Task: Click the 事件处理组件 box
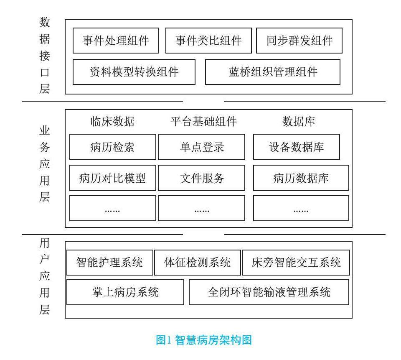click(116, 41)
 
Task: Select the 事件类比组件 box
click(208, 41)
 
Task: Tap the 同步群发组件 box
click(299, 41)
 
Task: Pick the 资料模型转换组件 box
click(134, 72)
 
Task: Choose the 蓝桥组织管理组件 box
click(273, 72)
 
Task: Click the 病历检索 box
click(112, 147)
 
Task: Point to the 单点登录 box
click(202, 147)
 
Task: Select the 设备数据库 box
click(296, 147)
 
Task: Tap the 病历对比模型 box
click(112, 178)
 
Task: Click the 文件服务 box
click(202, 178)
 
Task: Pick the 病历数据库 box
click(301, 178)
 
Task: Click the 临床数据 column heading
click(112, 122)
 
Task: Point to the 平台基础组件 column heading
click(203, 122)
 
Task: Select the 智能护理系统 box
click(109, 263)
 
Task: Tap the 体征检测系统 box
click(198, 263)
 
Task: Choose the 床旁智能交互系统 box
click(296, 263)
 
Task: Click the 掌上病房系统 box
click(125, 292)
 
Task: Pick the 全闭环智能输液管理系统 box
click(269, 292)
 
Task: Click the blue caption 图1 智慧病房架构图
click(204, 340)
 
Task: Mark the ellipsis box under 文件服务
click(202, 208)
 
